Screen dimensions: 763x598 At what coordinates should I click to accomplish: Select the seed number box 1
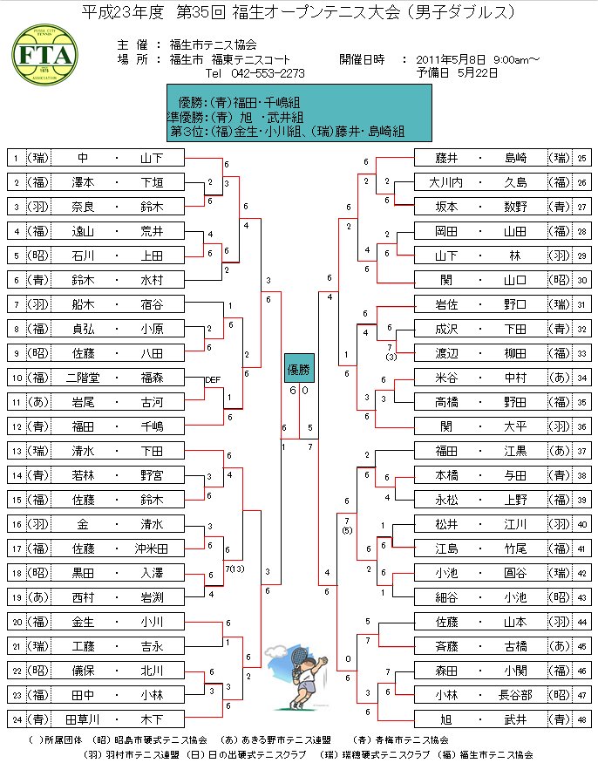16,158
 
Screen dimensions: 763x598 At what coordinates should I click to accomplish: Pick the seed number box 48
581,719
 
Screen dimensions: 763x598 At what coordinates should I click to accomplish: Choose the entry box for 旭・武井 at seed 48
481,719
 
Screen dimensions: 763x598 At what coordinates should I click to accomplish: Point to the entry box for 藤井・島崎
481,158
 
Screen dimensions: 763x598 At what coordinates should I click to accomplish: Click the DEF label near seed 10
212,380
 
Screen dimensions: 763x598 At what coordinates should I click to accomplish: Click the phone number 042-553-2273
268,73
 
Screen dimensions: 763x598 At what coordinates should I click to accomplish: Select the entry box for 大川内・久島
481,182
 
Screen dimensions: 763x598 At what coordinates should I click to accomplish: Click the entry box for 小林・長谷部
481,695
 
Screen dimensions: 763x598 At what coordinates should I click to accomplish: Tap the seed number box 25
581,158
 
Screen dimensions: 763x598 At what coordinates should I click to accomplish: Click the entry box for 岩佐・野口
481,304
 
